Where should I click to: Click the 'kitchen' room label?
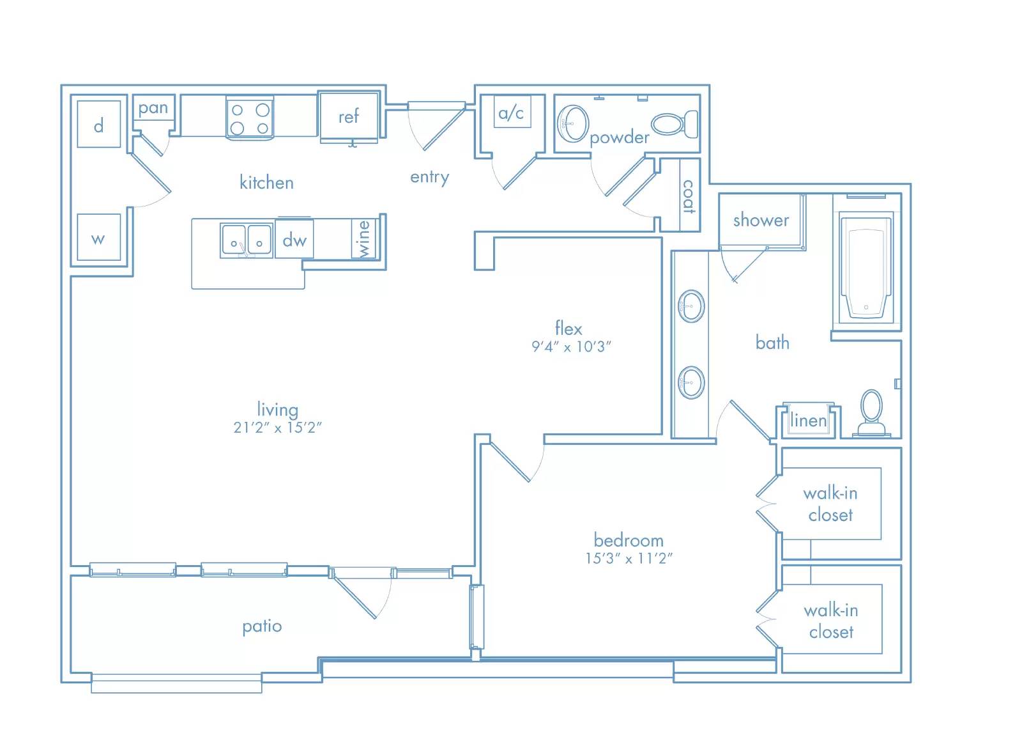click(x=266, y=183)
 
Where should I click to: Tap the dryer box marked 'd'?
click(x=98, y=124)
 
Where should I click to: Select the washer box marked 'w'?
click(x=98, y=237)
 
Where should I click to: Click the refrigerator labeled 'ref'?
click(x=349, y=117)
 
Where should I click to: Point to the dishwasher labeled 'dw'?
click(x=294, y=239)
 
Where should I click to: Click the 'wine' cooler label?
click(x=363, y=239)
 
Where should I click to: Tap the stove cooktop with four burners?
click(x=250, y=118)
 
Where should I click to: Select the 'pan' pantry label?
click(x=153, y=109)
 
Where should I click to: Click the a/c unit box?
click(x=512, y=112)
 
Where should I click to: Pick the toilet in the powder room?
click(x=675, y=124)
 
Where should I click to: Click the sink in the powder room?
click(x=573, y=123)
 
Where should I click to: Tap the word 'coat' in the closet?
click(x=689, y=196)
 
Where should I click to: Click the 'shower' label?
click(x=761, y=221)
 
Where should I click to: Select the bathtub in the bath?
click(x=866, y=268)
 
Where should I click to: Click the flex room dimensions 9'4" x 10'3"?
click(x=571, y=346)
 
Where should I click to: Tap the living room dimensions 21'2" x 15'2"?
click(x=277, y=427)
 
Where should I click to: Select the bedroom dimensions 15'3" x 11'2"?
click(x=629, y=558)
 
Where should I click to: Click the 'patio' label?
click(x=262, y=626)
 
